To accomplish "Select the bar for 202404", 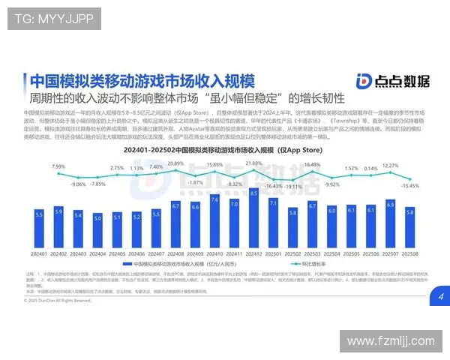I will [x=97, y=229].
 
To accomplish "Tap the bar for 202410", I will [x=215, y=222].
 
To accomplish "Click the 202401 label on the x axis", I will [x=39, y=253].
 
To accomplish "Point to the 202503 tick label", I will [x=312, y=253].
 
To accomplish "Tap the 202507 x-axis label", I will [x=390, y=253].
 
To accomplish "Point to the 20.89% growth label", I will [x=175, y=163].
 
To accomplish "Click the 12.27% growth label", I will [x=389, y=166].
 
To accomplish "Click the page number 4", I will [x=440, y=297].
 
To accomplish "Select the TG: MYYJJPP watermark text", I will [x=53, y=19].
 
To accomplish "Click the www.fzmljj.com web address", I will [x=390, y=341].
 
